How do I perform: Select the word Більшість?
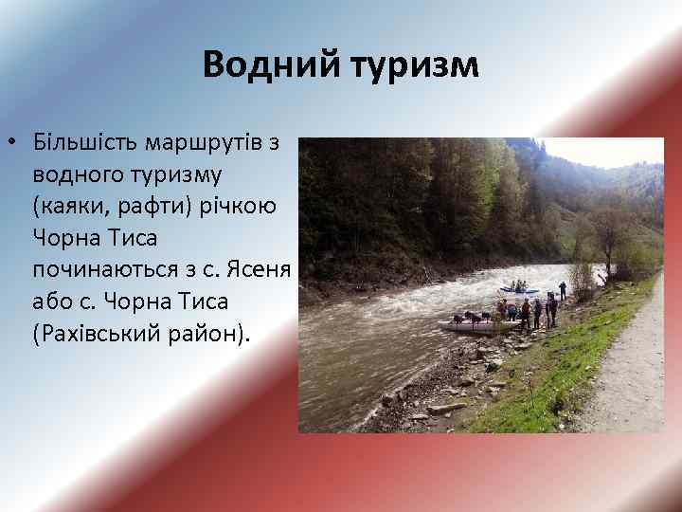click(x=85, y=143)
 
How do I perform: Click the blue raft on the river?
click(x=518, y=289)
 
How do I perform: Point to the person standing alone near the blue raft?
click(x=562, y=290)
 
